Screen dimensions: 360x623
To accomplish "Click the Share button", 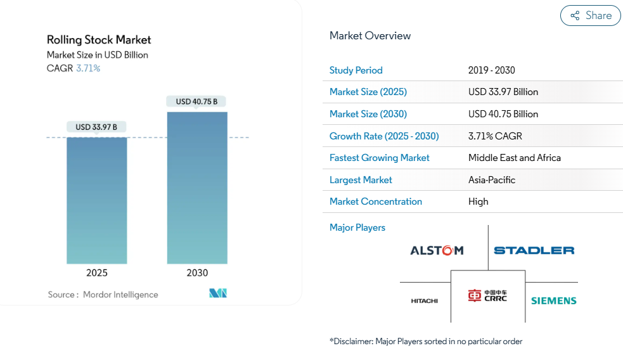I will (591, 16).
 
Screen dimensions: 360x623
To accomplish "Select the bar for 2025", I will (97, 200).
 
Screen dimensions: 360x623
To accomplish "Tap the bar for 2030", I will (197, 188).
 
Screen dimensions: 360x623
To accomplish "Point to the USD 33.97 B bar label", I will (96, 127).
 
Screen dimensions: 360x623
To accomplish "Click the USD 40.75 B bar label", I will (196, 101).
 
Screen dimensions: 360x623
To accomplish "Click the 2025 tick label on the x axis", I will (97, 273).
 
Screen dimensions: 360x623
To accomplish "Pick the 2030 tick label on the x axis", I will (197, 273).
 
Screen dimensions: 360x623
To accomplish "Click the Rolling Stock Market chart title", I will (99, 40).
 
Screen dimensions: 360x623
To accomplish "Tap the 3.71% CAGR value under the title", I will (88, 68).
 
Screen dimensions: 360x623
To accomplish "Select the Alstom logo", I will (437, 250).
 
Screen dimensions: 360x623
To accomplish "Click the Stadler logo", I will (534, 250).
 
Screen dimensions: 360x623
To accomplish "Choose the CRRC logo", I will (487, 296).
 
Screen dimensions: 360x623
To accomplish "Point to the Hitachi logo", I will (424, 300).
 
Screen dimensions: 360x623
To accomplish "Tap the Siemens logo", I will (553, 300).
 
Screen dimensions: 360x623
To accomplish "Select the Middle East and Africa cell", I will (514, 158).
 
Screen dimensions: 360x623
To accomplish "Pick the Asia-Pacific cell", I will (491, 180).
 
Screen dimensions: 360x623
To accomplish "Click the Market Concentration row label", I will (375, 202).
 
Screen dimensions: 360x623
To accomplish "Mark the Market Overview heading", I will (370, 35).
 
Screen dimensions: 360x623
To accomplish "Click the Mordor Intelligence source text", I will (120, 295).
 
